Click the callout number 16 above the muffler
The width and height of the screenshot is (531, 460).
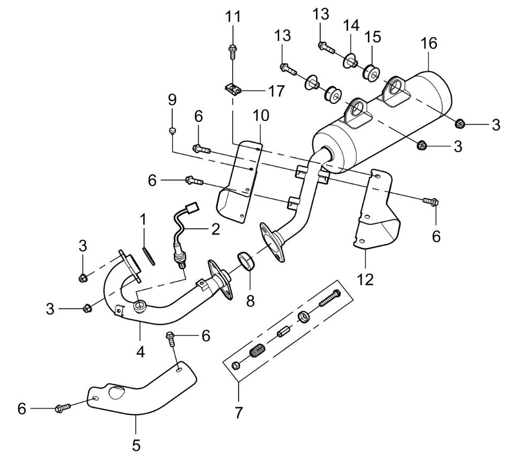[429, 44]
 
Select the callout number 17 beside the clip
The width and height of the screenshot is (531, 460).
[276, 92]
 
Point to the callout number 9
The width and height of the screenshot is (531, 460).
[172, 101]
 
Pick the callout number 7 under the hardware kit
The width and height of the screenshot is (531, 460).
[238, 412]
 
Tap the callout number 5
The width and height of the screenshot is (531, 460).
[136, 445]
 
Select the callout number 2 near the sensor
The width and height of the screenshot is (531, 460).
[215, 230]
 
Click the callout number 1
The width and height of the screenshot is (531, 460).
[143, 219]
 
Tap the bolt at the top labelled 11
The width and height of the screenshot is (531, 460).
[233, 51]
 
